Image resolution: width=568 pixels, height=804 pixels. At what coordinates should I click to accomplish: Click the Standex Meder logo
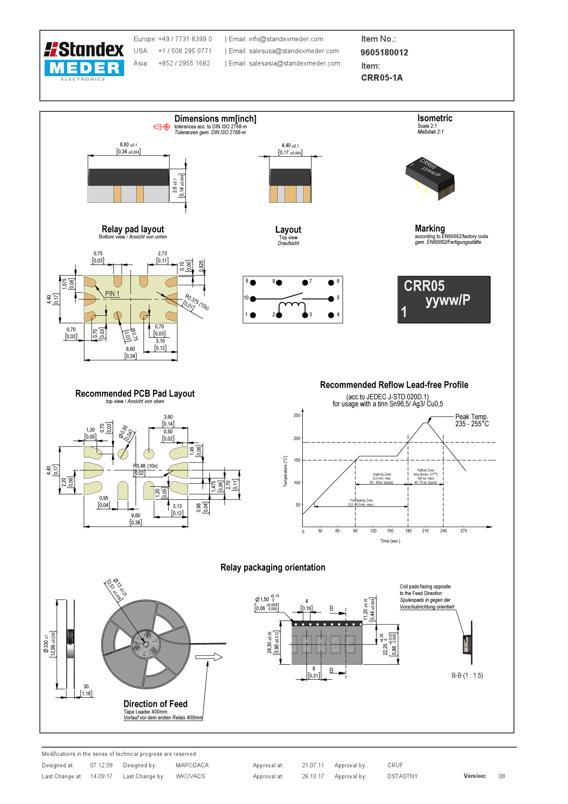click(84, 61)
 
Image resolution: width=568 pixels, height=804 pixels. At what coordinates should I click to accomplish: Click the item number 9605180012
click(384, 53)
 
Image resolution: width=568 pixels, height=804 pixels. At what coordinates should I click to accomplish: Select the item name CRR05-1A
click(382, 77)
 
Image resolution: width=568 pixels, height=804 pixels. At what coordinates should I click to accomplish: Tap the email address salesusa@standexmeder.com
click(294, 51)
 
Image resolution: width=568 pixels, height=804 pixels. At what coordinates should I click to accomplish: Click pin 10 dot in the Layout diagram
click(253, 299)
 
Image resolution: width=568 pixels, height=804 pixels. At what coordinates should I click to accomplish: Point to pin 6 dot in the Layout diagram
click(331, 282)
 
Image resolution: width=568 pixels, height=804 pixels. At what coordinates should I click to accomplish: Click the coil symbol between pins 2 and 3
click(292, 306)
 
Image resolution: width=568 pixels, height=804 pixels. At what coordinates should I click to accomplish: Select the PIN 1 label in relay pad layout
click(112, 294)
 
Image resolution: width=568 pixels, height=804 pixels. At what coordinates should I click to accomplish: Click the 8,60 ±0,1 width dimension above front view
click(128, 145)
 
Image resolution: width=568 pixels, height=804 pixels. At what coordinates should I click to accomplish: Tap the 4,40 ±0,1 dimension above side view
click(290, 146)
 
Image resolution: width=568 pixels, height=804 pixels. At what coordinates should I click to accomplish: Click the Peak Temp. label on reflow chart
click(471, 417)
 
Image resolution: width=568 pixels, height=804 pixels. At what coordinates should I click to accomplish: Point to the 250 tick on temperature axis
click(297, 416)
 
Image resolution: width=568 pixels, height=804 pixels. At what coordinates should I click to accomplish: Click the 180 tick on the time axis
click(408, 531)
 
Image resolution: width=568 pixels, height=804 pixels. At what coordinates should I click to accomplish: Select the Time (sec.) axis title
click(390, 541)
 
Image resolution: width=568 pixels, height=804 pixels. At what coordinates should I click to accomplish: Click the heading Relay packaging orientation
click(273, 567)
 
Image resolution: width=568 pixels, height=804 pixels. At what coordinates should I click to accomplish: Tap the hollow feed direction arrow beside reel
click(208, 657)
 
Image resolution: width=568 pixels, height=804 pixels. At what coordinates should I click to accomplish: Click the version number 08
click(502, 776)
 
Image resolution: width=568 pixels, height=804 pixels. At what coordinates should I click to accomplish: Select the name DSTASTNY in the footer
click(402, 776)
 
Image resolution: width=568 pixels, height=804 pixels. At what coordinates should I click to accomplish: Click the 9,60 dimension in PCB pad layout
click(136, 516)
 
